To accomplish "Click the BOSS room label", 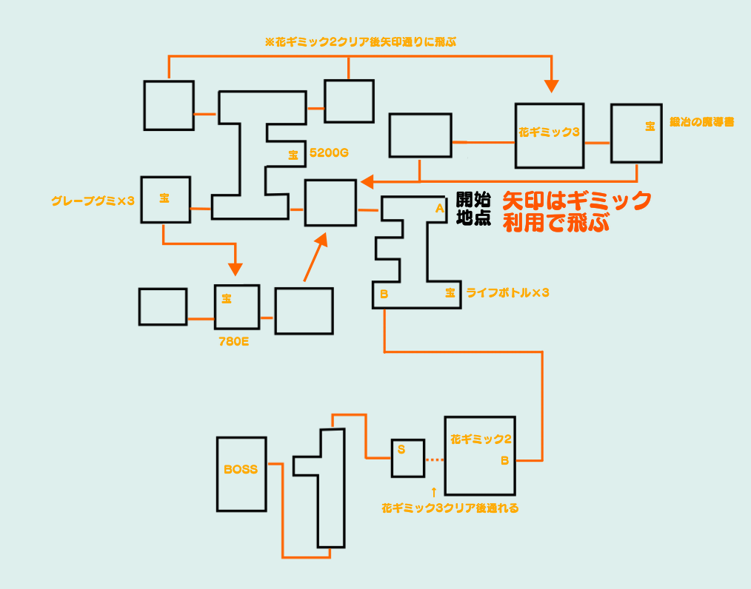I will pyautogui.click(x=241, y=469).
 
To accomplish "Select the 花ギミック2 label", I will pyautogui.click(x=481, y=439).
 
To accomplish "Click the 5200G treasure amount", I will pyautogui.click(x=329, y=154).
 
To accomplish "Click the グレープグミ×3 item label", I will pyautogui.click(x=93, y=200).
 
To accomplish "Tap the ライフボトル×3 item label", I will pyautogui.click(x=507, y=293).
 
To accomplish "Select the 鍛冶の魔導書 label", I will pyautogui.click(x=701, y=122).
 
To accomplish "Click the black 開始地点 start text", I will pyautogui.click(x=473, y=209).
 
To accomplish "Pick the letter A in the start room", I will pyautogui.click(x=439, y=209).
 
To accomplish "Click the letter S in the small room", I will pyautogui.click(x=401, y=449).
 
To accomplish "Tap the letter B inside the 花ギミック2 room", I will pyautogui.click(x=504, y=460).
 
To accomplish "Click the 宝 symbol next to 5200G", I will pyautogui.click(x=293, y=155).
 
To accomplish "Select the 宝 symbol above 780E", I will pyautogui.click(x=227, y=299).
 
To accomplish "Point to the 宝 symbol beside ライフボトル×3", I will pyautogui.click(x=450, y=293).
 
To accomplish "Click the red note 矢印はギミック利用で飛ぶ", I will pyautogui.click(x=577, y=212).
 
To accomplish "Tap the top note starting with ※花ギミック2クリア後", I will pyautogui.click(x=360, y=42).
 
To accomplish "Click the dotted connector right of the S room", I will pyautogui.click(x=435, y=460).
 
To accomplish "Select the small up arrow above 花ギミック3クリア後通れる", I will pyautogui.click(x=434, y=491).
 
